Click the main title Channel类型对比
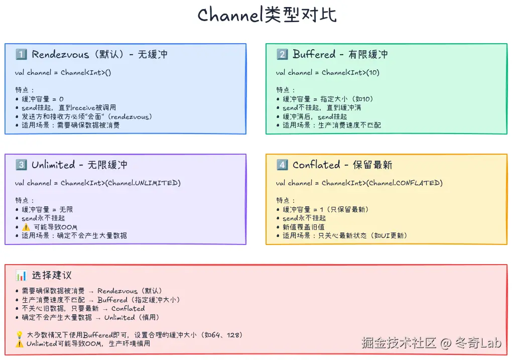267,15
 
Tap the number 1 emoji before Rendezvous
21,54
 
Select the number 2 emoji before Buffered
282,54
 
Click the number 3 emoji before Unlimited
21,165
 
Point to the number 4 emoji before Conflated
282,165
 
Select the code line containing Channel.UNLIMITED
98,183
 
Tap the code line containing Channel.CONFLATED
359,183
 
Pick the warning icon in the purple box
26,227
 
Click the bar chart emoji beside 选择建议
21,275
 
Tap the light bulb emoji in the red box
20,335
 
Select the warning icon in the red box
20,344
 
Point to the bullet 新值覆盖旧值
303,227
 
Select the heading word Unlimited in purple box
53,165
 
